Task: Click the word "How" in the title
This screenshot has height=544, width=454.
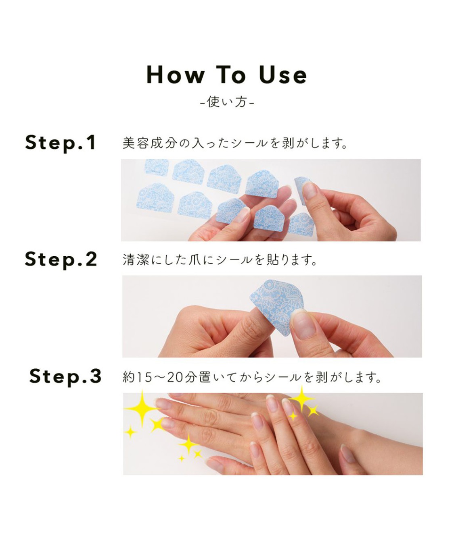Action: click(175, 75)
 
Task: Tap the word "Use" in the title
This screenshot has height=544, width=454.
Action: click(283, 75)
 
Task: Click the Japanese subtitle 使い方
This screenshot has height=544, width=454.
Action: click(227, 102)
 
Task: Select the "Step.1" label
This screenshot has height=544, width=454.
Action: click(61, 143)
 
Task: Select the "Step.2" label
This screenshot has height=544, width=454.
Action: click(61, 259)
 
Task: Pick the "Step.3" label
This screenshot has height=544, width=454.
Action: click(65, 376)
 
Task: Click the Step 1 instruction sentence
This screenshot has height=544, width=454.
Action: click(235, 143)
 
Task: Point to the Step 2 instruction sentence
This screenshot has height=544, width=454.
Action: click(220, 260)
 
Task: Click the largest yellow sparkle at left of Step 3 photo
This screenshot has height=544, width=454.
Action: click(142, 408)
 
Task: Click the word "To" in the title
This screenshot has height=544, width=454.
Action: click(231, 75)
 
